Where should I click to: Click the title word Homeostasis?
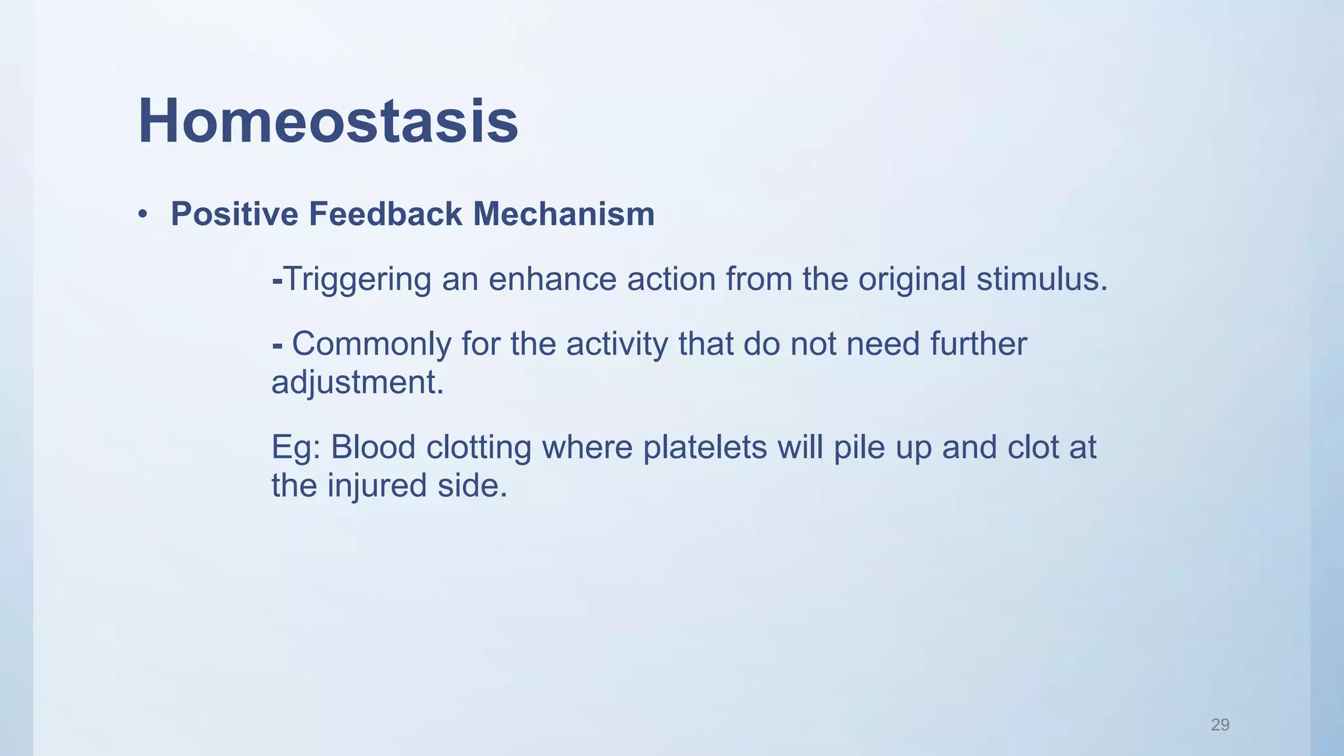click(x=328, y=121)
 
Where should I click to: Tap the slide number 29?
click(x=1220, y=724)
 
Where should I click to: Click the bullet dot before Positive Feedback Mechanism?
click(x=142, y=215)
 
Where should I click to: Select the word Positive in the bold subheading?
click(x=234, y=215)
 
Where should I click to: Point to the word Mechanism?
click(x=564, y=215)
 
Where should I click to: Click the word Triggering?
click(x=357, y=280)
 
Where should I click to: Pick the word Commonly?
click(x=371, y=345)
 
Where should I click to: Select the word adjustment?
click(x=357, y=383)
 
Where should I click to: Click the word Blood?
click(x=373, y=448)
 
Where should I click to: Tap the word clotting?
click(x=478, y=448)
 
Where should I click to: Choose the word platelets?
click(x=704, y=448)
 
